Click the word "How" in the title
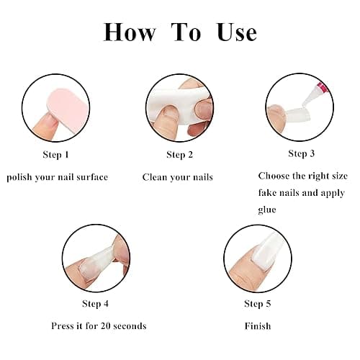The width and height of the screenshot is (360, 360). (130, 32)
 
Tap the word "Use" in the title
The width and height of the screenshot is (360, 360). (237, 32)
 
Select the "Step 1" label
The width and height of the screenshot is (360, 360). (56, 155)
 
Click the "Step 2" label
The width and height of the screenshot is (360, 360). (180, 155)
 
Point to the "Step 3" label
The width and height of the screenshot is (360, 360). (302, 153)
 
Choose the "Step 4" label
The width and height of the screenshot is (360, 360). (95, 304)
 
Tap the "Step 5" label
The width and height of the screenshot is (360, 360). (258, 304)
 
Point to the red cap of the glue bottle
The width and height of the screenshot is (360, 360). (323, 87)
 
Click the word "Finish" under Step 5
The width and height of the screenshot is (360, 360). (258, 326)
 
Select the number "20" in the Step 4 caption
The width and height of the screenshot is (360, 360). (106, 326)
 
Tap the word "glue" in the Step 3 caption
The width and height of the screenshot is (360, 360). (267, 210)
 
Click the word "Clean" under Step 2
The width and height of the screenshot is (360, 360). (153, 177)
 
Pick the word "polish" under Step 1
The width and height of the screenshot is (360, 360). (19, 177)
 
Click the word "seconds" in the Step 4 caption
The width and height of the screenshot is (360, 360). (130, 326)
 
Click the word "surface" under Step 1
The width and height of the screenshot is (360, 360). (92, 177)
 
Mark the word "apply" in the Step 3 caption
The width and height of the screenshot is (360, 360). (333, 193)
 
